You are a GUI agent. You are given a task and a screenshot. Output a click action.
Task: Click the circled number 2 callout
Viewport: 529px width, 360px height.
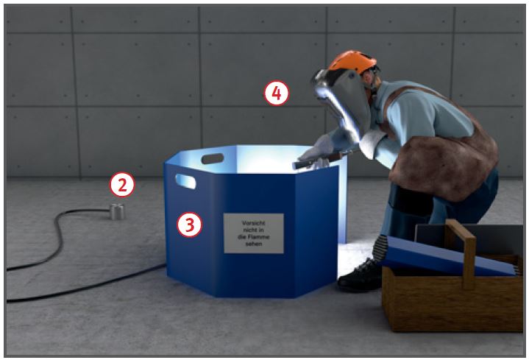pyautogui.click(x=122, y=185)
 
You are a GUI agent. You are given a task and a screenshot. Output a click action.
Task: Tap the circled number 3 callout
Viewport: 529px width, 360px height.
pyautogui.click(x=190, y=225)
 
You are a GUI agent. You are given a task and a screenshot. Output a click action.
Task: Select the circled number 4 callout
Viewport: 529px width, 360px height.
pyautogui.click(x=277, y=93)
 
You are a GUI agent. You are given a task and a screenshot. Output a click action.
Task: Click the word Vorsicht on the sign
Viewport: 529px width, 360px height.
pyautogui.click(x=254, y=223)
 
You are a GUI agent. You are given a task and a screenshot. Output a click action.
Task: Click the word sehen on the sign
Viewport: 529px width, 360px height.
pyautogui.click(x=254, y=244)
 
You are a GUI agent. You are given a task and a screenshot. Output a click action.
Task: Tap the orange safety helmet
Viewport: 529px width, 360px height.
pyautogui.click(x=353, y=62)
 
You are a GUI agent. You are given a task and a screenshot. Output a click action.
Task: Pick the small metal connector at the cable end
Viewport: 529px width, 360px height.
pyautogui.click(x=117, y=212)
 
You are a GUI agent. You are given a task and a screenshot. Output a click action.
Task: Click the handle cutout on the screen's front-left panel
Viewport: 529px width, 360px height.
pyautogui.click(x=185, y=181)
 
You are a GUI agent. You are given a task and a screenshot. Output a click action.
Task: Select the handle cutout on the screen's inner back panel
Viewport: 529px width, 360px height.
pyautogui.click(x=213, y=158)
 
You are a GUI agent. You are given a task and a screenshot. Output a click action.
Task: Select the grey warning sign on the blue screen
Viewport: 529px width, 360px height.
pyautogui.click(x=254, y=233)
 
